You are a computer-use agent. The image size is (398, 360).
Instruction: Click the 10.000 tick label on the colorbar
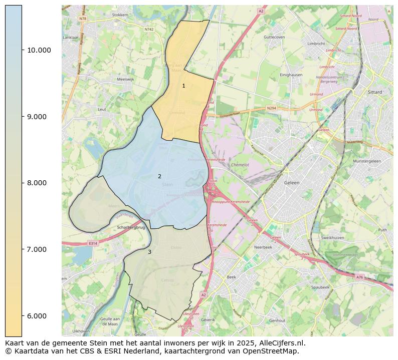pos(39,50)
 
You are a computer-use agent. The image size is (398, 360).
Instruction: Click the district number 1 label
pos(183,86)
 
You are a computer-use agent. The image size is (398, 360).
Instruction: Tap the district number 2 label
pos(159,176)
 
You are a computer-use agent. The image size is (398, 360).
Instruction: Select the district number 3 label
pos(149,252)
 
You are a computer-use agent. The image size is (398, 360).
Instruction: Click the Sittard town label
pos(374,93)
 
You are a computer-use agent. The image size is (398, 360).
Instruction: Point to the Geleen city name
pos(291,183)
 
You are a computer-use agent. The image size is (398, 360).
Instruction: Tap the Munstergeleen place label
pos(367,162)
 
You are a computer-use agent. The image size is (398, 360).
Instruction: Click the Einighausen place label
pos(291,75)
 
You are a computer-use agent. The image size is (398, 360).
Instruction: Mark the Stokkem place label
pos(120,15)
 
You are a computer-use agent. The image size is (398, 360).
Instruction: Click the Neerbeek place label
pos(263,247)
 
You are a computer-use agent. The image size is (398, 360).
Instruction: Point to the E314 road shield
pos(92,243)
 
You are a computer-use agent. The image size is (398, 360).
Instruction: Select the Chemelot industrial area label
pos(240,164)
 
